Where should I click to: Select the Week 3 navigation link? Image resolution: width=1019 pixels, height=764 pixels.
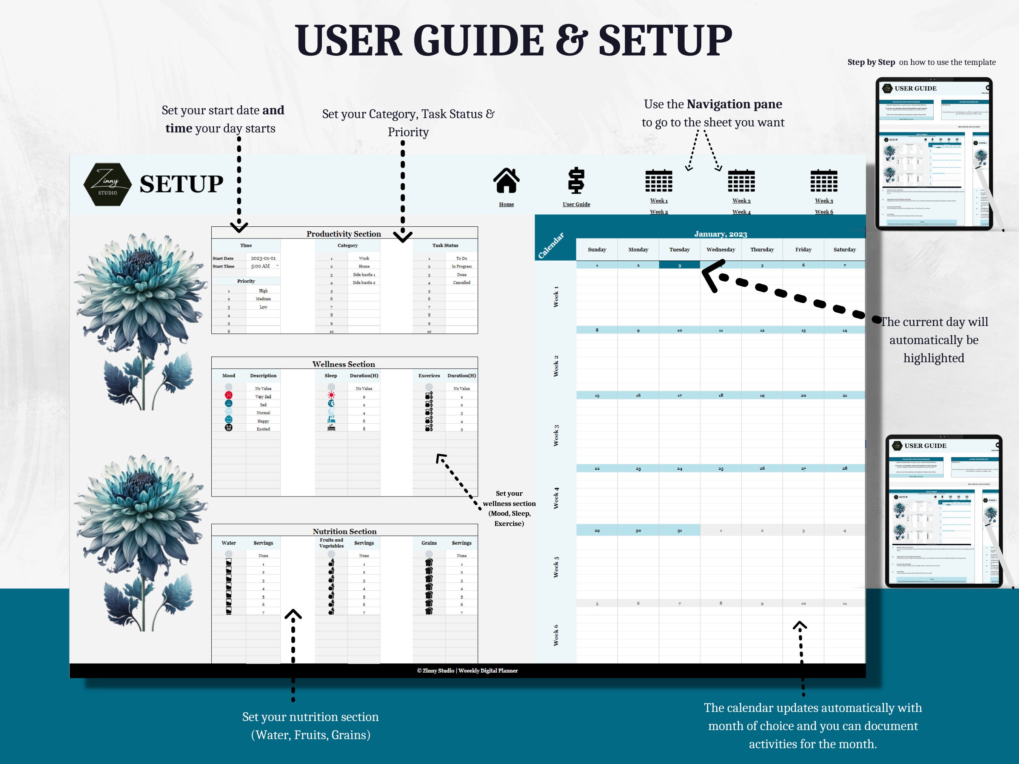coord(741,201)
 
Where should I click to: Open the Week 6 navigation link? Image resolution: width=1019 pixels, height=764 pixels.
coord(824,212)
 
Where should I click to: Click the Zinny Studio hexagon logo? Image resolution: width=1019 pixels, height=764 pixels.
coord(107,184)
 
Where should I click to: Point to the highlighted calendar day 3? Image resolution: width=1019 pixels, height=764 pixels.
coord(679,265)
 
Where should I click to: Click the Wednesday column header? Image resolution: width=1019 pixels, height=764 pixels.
coord(720,250)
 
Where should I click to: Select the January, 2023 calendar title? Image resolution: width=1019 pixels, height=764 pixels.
coord(720,234)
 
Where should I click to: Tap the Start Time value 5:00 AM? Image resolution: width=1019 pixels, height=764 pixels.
coord(261,266)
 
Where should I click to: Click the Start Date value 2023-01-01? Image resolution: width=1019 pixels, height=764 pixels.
coord(263,258)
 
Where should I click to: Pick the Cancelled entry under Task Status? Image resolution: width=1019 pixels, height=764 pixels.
coord(461,283)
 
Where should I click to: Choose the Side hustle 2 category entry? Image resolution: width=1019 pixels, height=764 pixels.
coord(363,283)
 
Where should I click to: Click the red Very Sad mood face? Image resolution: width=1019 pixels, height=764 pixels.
coord(228,395)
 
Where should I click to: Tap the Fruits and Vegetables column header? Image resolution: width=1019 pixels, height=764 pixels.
coord(331,543)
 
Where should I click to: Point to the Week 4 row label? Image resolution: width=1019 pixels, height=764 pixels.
coord(556,498)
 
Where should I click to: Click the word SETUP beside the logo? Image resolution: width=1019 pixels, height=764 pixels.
coord(181,184)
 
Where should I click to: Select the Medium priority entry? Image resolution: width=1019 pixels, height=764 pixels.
coord(263,299)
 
